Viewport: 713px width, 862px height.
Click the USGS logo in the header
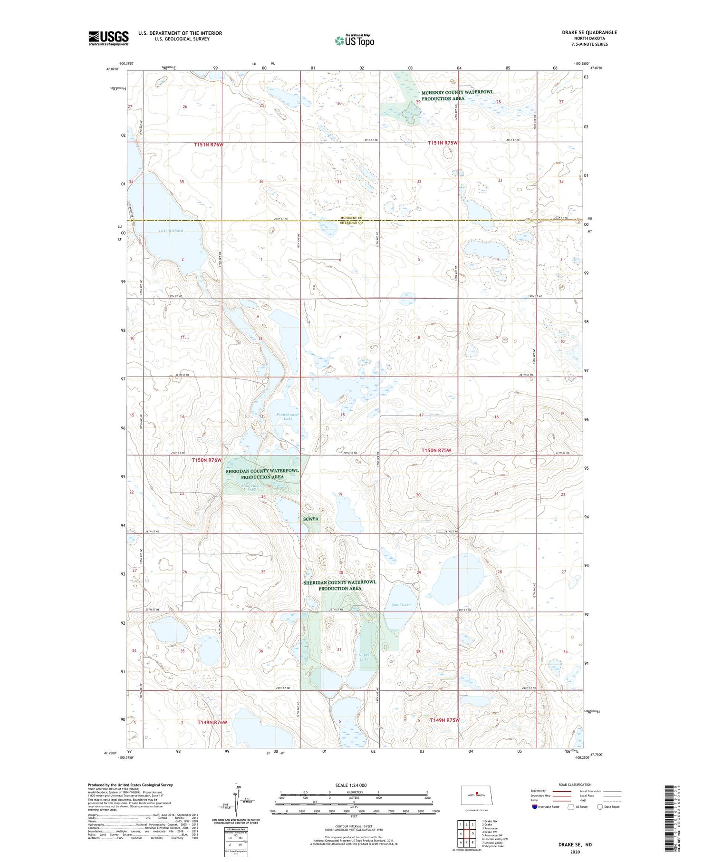point(108,38)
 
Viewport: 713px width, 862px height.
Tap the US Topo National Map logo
point(354,40)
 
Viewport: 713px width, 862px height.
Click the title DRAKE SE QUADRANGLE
point(589,32)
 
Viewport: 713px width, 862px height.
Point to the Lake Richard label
point(171,231)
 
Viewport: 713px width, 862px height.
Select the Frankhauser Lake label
point(288,416)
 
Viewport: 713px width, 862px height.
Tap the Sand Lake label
point(401,605)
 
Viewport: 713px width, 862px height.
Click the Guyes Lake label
point(364,658)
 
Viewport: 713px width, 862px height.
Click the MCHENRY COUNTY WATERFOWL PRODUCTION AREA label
point(457,95)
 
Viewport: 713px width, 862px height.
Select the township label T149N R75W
point(445,720)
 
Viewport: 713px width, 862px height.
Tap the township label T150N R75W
point(436,450)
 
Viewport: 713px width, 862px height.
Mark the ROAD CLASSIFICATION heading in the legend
point(575,785)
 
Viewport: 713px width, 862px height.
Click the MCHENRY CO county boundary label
point(351,218)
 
